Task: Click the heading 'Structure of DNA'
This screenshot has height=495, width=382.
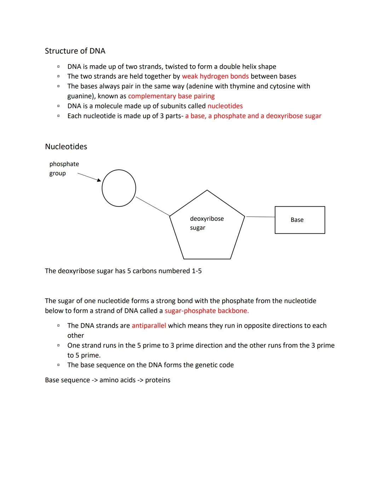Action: (75, 51)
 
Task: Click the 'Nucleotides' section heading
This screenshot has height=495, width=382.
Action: (66, 147)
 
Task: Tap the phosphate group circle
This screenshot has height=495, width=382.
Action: (119, 188)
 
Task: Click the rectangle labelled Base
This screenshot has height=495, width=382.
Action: (300, 220)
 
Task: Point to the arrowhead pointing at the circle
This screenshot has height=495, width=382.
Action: (99, 180)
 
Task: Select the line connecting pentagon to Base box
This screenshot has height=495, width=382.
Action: (260, 216)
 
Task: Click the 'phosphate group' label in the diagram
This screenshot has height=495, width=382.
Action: (64, 169)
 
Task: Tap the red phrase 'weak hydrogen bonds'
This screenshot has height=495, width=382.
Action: (215, 77)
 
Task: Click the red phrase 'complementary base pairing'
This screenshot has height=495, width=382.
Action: (171, 96)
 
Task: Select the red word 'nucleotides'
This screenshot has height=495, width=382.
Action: (225, 106)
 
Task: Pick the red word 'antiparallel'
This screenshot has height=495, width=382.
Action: (149, 326)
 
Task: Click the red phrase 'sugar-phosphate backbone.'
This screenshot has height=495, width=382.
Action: (207, 311)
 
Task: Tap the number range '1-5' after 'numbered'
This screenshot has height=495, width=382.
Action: (197, 271)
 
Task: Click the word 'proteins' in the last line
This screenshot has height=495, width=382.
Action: (158, 380)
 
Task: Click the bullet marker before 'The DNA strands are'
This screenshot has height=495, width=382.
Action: (58, 325)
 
